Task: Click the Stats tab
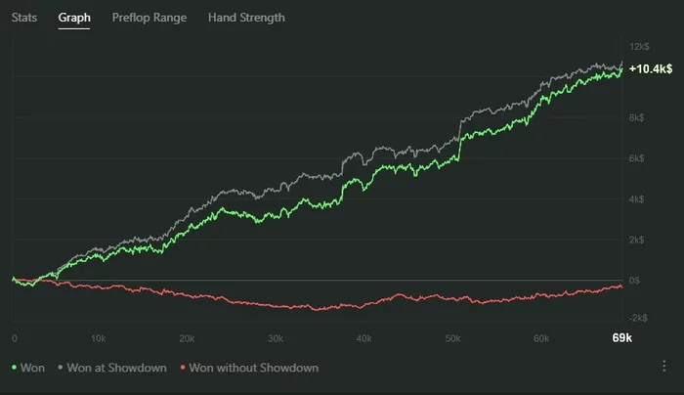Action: (24, 18)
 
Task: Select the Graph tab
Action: (74, 18)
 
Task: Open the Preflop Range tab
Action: (150, 18)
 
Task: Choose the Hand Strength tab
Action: (246, 18)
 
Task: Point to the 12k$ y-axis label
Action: (640, 47)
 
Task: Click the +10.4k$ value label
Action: (651, 69)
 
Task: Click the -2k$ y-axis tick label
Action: (640, 319)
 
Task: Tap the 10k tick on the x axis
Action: (98, 338)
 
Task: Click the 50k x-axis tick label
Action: (451, 338)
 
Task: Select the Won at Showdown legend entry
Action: (108, 368)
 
